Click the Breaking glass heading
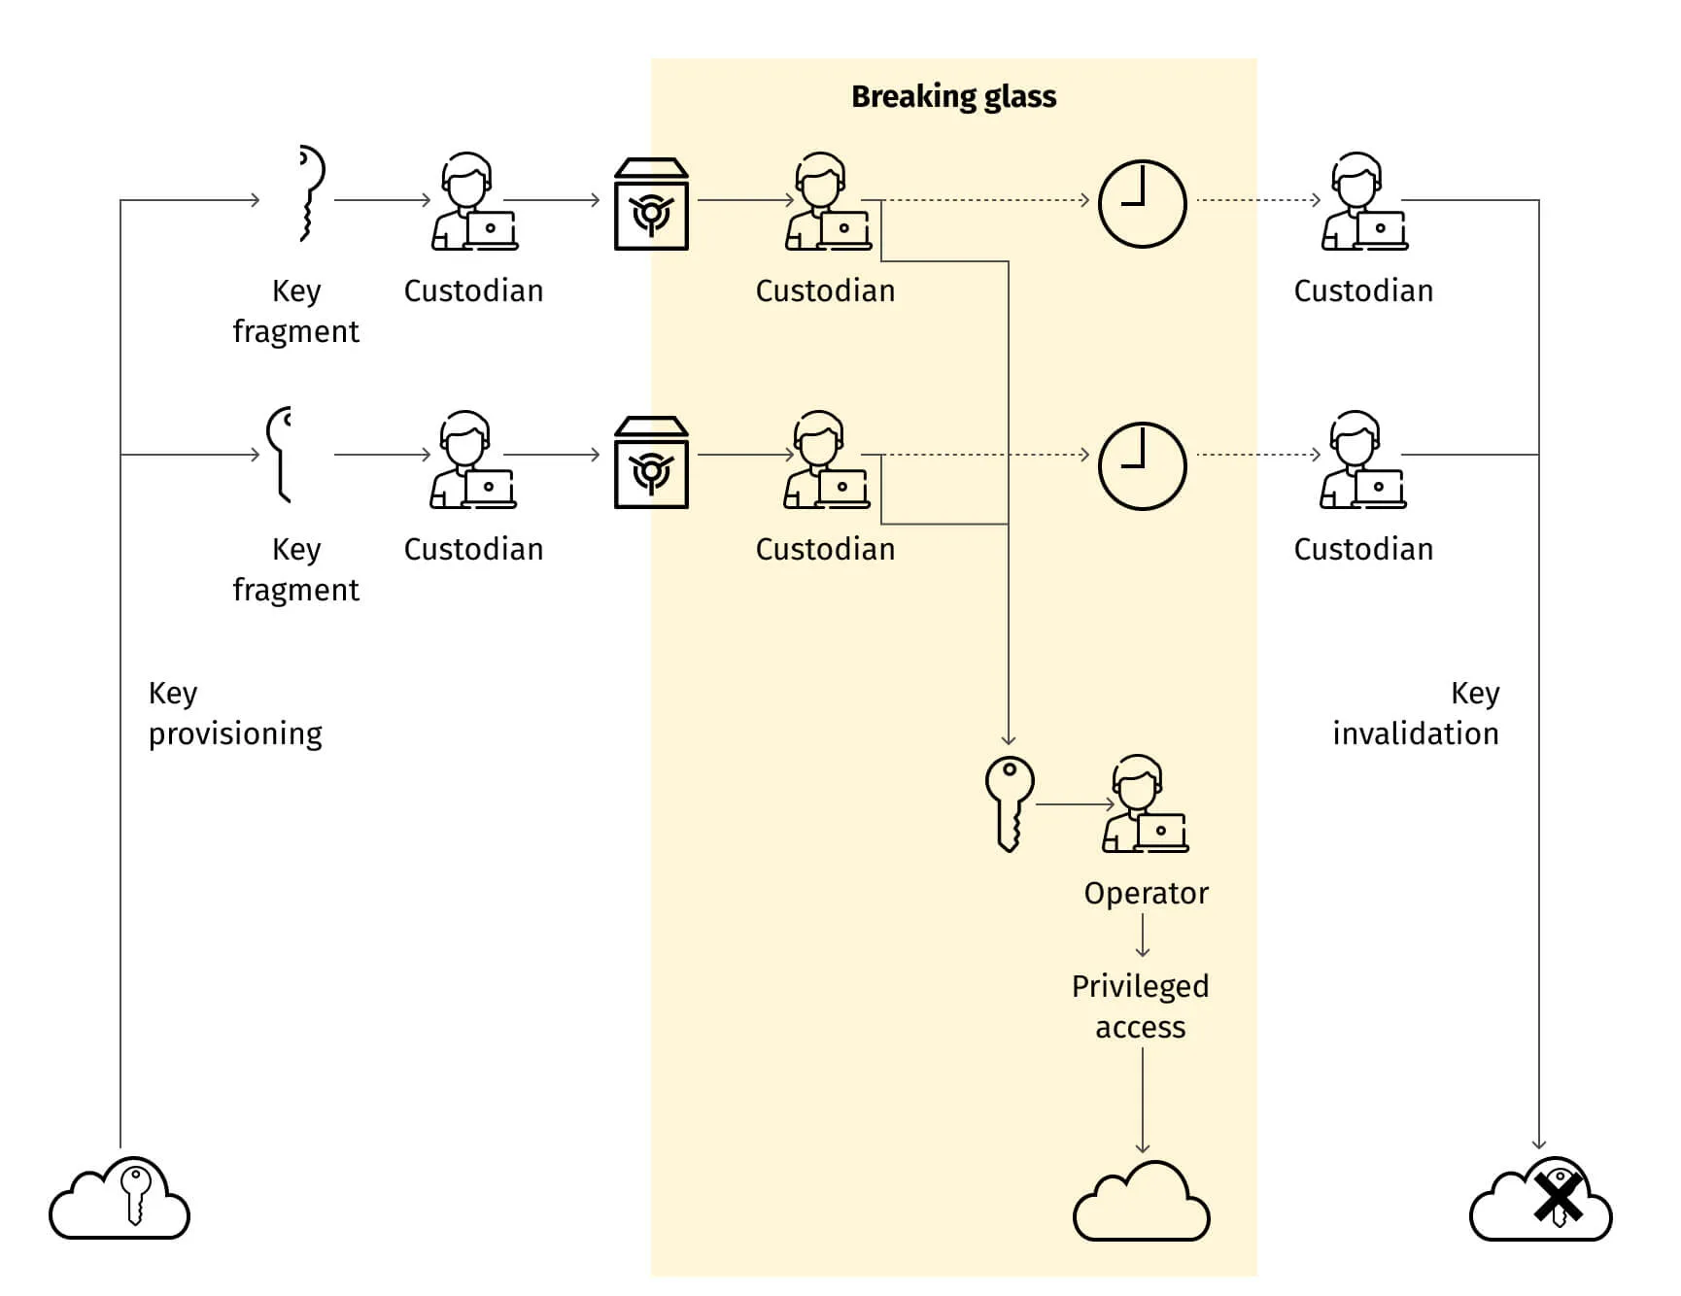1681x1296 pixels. pos(953,96)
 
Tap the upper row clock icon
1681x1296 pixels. pos(1142,204)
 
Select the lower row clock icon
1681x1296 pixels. pos(1142,465)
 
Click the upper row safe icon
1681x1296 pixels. pos(651,205)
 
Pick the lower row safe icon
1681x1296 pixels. pos(651,463)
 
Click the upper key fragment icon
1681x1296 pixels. pos(309,194)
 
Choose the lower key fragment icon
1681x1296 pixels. pos(280,455)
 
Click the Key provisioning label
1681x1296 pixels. pos(234,713)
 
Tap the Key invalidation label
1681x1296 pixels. pos(1416,713)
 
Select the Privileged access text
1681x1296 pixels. pos(1141,1006)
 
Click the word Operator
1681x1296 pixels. pos(1146,893)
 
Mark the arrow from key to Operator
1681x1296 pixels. pos(1075,804)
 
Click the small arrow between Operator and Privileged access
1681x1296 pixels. pos(1143,937)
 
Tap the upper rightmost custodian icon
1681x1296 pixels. pos(1364,202)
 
